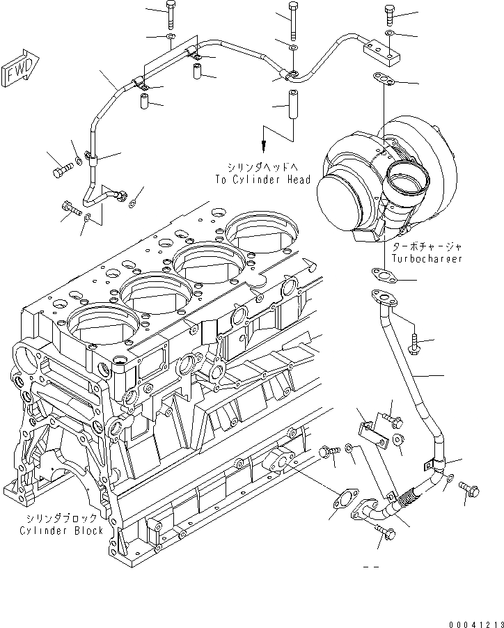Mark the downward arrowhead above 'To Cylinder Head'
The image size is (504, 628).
tap(264, 147)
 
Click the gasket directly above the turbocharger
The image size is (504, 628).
tap(384, 79)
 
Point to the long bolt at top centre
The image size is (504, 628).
tap(292, 21)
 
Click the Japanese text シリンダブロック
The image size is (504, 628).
tap(62, 519)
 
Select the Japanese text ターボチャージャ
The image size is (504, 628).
tap(427, 246)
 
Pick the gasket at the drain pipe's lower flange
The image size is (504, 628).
tap(342, 499)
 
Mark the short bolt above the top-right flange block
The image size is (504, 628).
tap(388, 15)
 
